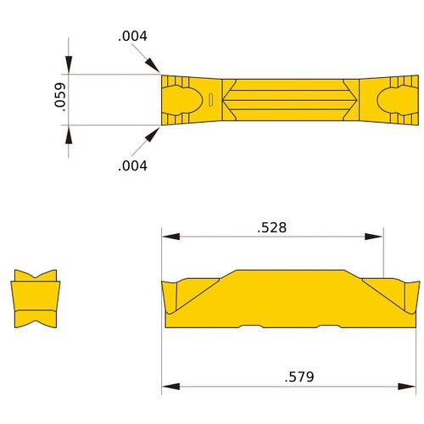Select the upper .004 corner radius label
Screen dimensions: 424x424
[x=132, y=36]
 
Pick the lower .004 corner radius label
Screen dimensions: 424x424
[x=132, y=165]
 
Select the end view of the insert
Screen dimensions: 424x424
[x=36, y=300]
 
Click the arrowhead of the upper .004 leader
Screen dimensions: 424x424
[x=154, y=67]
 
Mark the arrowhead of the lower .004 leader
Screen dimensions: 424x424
[x=154, y=134]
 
